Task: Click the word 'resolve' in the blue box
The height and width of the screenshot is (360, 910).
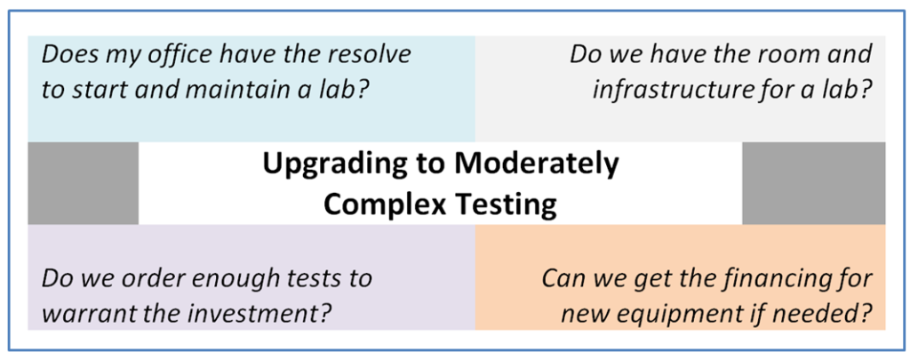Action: (372, 54)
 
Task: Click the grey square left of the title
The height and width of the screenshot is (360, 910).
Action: (83, 183)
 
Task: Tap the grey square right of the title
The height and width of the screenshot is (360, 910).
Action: (813, 183)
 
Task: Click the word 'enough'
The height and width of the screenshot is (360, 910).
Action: (227, 278)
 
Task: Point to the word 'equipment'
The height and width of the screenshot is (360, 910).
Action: (696, 313)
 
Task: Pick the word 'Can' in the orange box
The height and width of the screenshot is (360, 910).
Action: (560, 278)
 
